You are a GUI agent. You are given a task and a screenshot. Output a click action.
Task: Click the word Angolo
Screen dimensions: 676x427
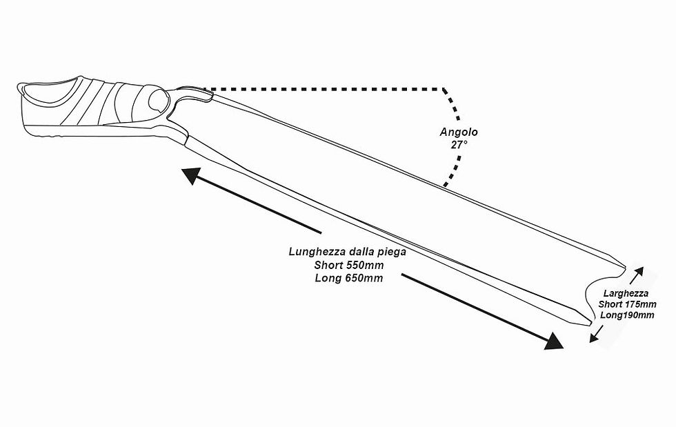click(459, 132)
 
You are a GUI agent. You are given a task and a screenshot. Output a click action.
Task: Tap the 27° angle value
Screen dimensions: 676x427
click(459, 145)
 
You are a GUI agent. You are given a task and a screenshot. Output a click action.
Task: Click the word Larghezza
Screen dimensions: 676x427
click(626, 294)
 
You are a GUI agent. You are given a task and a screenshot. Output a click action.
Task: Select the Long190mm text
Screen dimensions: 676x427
click(627, 315)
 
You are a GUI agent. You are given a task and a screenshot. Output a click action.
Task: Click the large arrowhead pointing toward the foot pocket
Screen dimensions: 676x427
click(191, 175)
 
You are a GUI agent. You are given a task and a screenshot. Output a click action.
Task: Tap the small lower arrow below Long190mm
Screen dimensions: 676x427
click(596, 334)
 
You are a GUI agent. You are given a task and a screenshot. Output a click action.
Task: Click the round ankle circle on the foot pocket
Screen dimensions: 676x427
click(157, 101)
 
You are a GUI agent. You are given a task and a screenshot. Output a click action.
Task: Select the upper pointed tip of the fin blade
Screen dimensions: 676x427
click(625, 266)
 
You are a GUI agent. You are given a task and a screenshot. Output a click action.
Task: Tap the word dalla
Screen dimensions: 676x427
click(362, 252)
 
